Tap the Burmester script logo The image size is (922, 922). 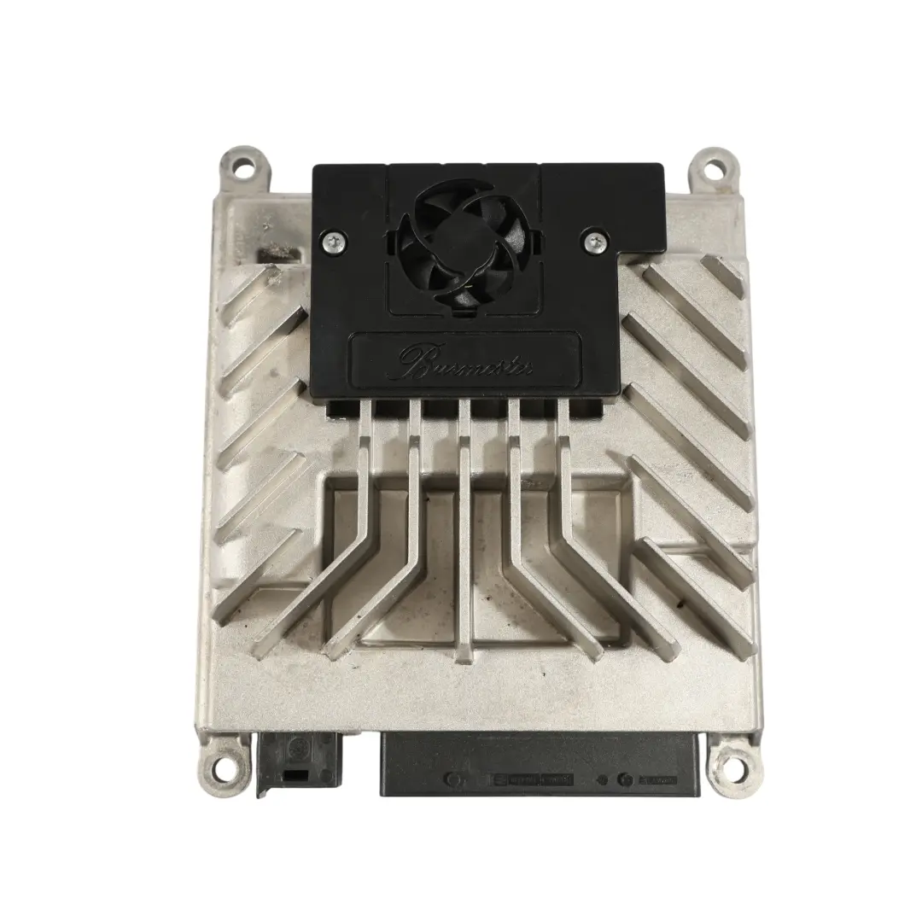(466, 360)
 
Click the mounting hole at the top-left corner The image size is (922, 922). (238, 166)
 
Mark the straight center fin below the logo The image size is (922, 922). (465, 529)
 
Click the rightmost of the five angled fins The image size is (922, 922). (598, 555)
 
